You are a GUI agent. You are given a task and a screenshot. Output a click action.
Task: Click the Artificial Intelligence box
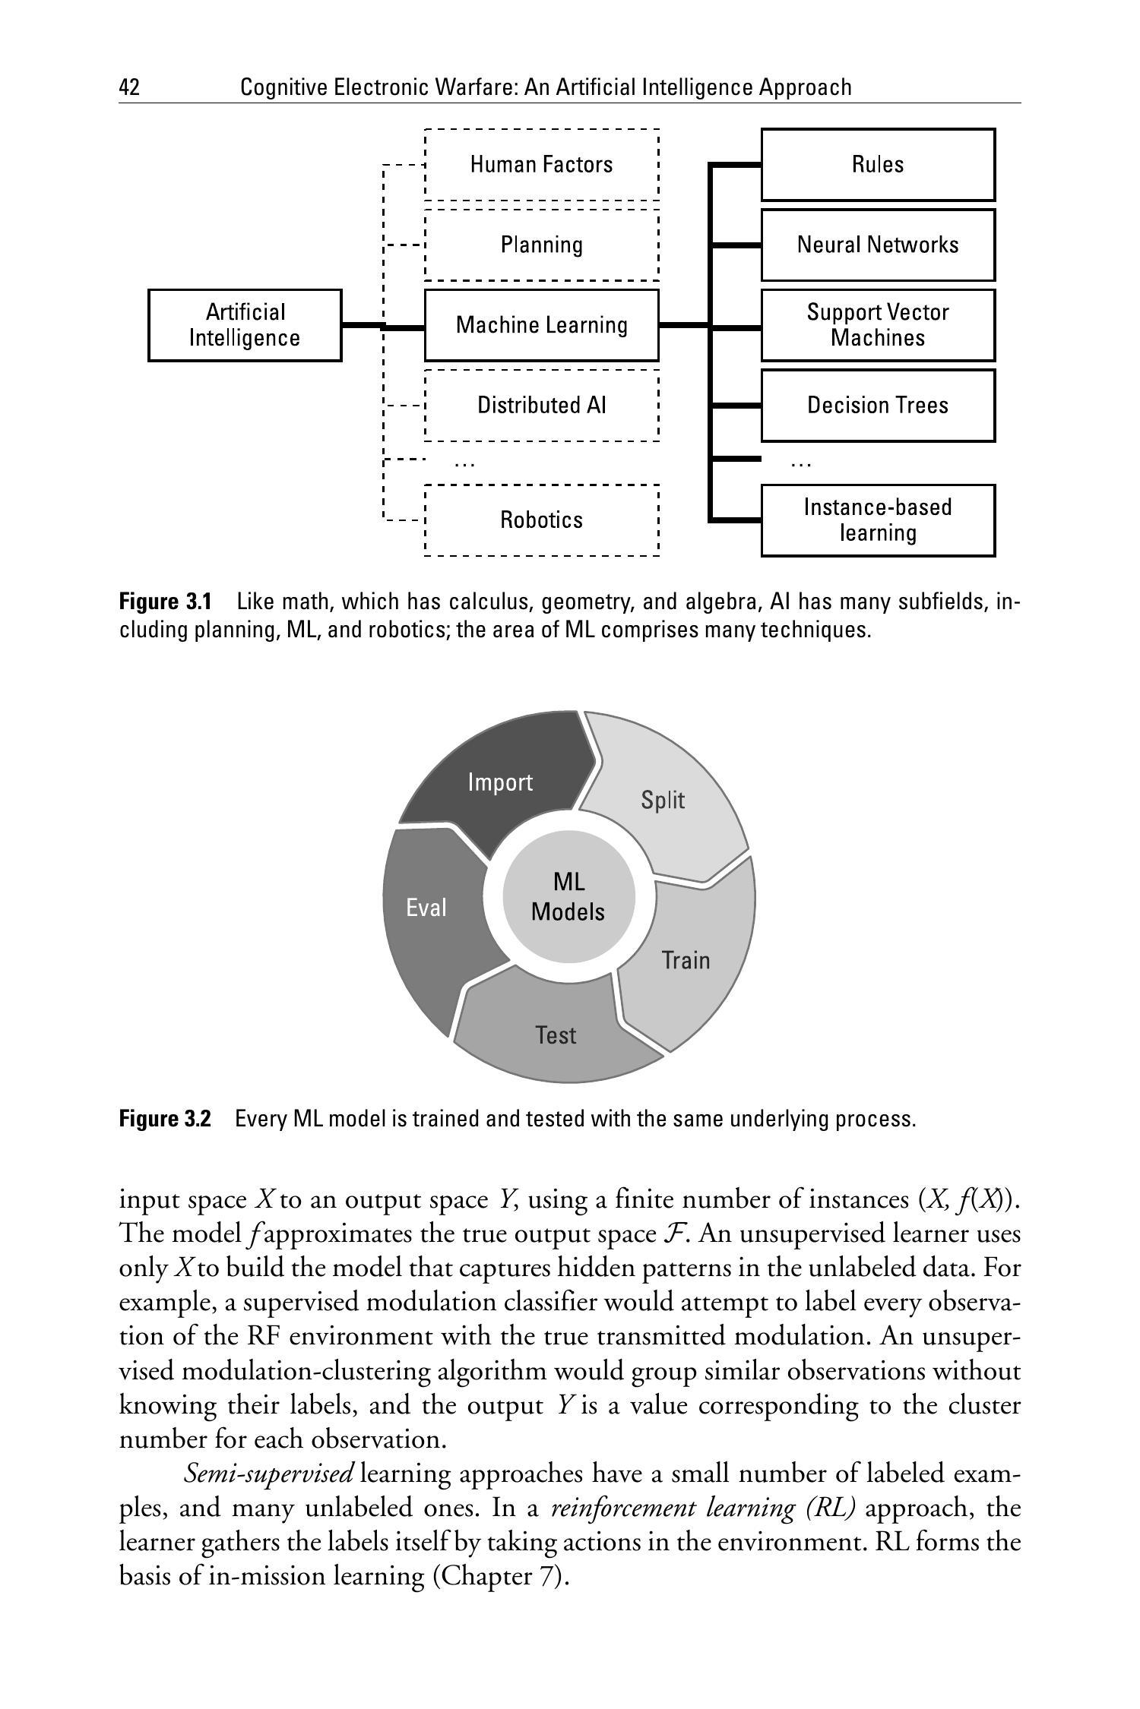(x=244, y=325)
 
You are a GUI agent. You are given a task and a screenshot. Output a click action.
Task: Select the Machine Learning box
(x=541, y=325)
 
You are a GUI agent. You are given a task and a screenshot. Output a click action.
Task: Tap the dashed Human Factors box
(x=541, y=165)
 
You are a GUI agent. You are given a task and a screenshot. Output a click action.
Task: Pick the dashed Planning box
(x=541, y=245)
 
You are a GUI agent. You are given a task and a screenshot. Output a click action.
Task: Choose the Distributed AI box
(x=541, y=405)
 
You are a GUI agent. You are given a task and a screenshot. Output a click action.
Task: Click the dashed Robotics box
(x=541, y=520)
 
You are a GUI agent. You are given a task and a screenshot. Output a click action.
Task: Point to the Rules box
(x=878, y=165)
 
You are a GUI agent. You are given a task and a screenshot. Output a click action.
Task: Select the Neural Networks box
(x=878, y=245)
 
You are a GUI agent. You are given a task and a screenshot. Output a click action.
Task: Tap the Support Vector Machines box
(x=878, y=325)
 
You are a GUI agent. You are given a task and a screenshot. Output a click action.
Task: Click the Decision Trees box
(x=878, y=405)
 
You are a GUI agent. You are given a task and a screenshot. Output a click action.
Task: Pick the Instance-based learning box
(x=878, y=520)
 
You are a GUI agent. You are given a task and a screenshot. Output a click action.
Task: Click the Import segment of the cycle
(x=500, y=782)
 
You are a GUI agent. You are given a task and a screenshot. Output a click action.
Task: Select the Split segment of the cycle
(x=663, y=800)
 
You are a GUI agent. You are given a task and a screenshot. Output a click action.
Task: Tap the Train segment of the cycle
(x=686, y=961)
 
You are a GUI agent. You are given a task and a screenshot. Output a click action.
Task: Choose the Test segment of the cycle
(x=556, y=1035)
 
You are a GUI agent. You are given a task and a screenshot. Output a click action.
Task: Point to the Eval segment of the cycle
(x=426, y=908)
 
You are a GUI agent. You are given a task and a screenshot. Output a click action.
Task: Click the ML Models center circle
(x=568, y=897)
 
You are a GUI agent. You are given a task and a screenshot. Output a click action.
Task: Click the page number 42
(x=129, y=87)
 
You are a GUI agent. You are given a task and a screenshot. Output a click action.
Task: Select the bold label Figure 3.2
(x=165, y=1119)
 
